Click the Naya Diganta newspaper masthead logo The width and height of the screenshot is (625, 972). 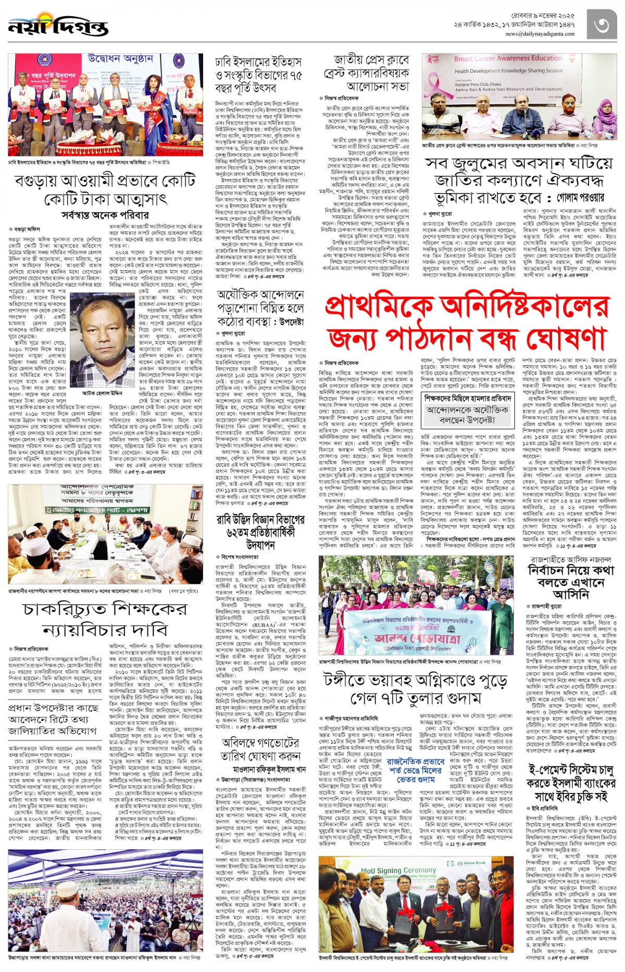pos(58,26)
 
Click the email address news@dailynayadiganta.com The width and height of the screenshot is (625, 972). pos(540,34)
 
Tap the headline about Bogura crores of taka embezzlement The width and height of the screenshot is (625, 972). pos(105,190)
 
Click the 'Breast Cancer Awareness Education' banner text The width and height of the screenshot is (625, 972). pos(508,59)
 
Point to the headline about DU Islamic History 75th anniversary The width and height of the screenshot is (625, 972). pos(259,75)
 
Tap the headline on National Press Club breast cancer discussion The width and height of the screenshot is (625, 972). pos(366,72)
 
